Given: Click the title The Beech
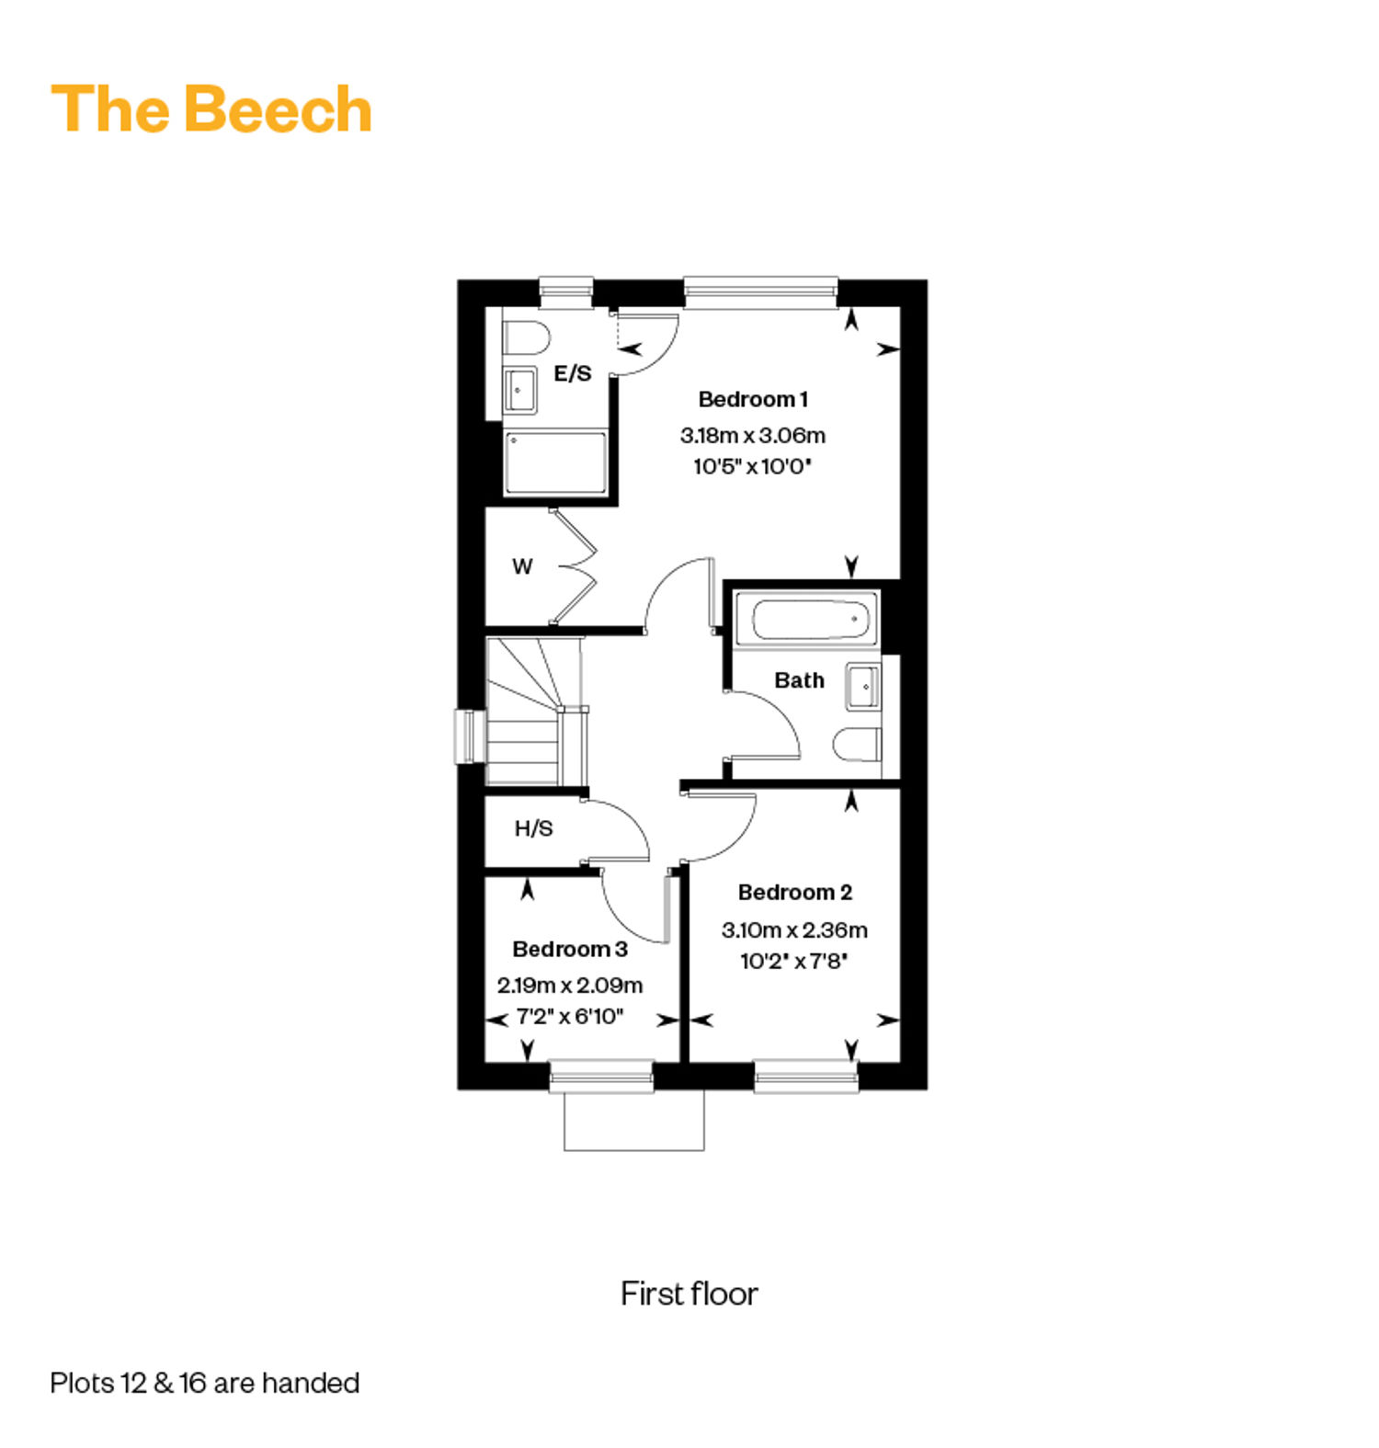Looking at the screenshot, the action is click(211, 108).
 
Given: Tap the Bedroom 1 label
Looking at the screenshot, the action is click(753, 399).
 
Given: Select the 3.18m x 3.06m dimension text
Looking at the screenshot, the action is click(753, 435).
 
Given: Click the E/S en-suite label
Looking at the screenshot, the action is click(573, 373).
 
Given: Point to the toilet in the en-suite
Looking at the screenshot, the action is click(526, 337).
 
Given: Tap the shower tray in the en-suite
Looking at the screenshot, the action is click(554, 462).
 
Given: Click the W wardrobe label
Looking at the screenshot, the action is click(522, 566).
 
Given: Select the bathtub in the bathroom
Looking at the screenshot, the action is click(806, 619).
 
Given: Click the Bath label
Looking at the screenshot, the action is click(799, 680).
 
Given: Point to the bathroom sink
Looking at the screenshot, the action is click(863, 687).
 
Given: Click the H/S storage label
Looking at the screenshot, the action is click(533, 828).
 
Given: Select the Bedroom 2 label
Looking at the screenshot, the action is click(795, 892).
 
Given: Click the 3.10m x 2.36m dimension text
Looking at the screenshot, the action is click(794, 929).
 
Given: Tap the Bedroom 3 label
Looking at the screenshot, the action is click(570, 949).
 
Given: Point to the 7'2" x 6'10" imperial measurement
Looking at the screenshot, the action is click(570, 1017).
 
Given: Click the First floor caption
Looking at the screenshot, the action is click(689, 1294).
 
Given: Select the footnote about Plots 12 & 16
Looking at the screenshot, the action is click(205, 1383).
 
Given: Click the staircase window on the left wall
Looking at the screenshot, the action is click(470, 736).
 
